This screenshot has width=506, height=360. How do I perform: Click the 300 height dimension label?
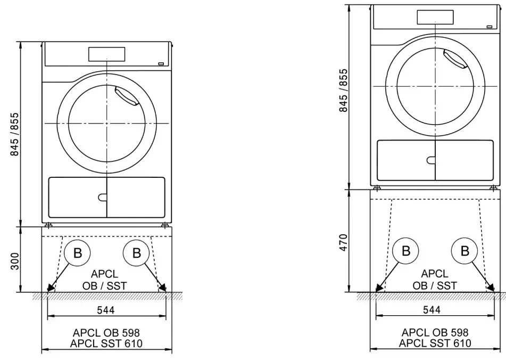tap(15, 260)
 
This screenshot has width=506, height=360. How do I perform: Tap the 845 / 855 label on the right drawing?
tap(344, 90)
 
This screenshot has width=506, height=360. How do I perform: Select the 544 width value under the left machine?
tap(106, 309)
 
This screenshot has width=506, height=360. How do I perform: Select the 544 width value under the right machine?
tap(434, 309)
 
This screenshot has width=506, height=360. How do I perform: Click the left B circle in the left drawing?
tap(78, 253)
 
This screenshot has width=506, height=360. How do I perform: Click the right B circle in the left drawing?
tap(137, 253)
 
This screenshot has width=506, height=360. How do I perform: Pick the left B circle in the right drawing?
tap(406, 250)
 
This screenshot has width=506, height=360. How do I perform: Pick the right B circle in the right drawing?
tap(464, 250)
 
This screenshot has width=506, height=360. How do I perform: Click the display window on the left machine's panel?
tap(106, 54)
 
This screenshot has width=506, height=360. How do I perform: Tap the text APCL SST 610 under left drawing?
tap(106, 344)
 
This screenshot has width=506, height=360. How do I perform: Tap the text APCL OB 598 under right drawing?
tap(434, 333)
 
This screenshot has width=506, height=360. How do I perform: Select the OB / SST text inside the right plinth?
tap(434, 285)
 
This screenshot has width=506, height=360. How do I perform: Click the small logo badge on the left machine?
tap(160, 63)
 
